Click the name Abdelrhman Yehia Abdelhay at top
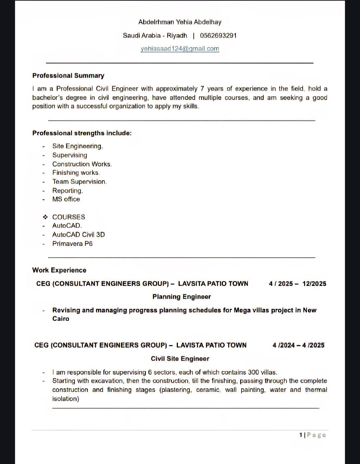(x=180, y=22)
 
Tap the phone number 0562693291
(x=218, y=36)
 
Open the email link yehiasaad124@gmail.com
(x=180, y=49)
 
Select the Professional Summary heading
(x=68, y=76)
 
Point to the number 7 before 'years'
(x=202, y=89)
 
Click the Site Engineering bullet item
(x=77, y=146)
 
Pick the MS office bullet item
(x=66, y=199)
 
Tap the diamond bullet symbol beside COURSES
(x=45, y=217)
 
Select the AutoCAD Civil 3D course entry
(x=78, y=235)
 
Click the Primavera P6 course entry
(x=72, y=244)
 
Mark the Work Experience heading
(x=59, y=270)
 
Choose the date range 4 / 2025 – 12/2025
(x=297, y=284)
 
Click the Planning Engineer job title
(x=181, y=297)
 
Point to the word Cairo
(x=61, y=319)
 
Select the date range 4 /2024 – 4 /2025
(x=298, y=345)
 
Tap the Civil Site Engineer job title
(x=180, y=359)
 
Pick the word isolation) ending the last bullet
(x=66, y=399)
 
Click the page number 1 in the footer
(x=301, y=435)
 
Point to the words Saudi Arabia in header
(x=141, y=36)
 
